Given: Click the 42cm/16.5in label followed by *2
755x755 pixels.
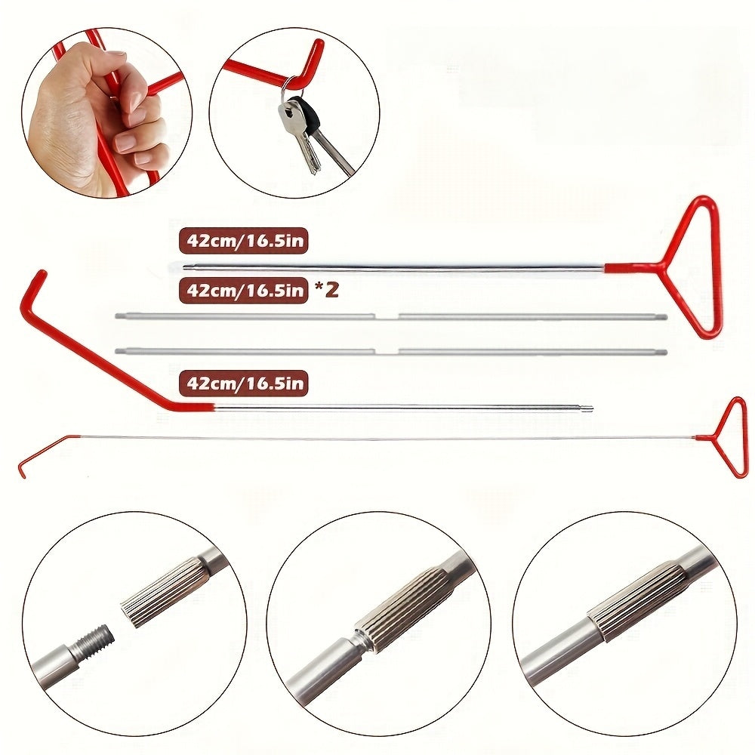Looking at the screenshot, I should click(244, 290).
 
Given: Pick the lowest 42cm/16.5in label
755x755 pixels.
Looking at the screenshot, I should click(244, 384).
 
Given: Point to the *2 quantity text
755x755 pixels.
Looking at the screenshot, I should click(325, 289).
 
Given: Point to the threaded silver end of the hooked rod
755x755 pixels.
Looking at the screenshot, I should click(586, 408).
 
